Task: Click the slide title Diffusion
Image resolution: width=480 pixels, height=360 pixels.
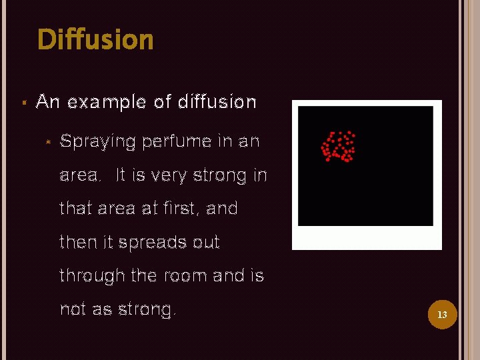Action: click(x=95, y=40)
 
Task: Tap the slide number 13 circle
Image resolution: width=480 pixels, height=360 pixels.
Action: click(x=441, y=314)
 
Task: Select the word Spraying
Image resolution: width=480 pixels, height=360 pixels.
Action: click(x=97, y=142)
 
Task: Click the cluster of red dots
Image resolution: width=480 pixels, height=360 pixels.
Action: click(x=338, y=147)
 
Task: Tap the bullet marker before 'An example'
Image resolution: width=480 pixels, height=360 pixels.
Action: click(x=23, y=103)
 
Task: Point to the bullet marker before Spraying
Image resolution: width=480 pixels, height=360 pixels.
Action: click(x=48, y=142)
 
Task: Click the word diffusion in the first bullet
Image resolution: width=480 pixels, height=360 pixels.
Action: click(x=217, y=102)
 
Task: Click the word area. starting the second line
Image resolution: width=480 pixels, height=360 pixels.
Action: click(x=81, y=176)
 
